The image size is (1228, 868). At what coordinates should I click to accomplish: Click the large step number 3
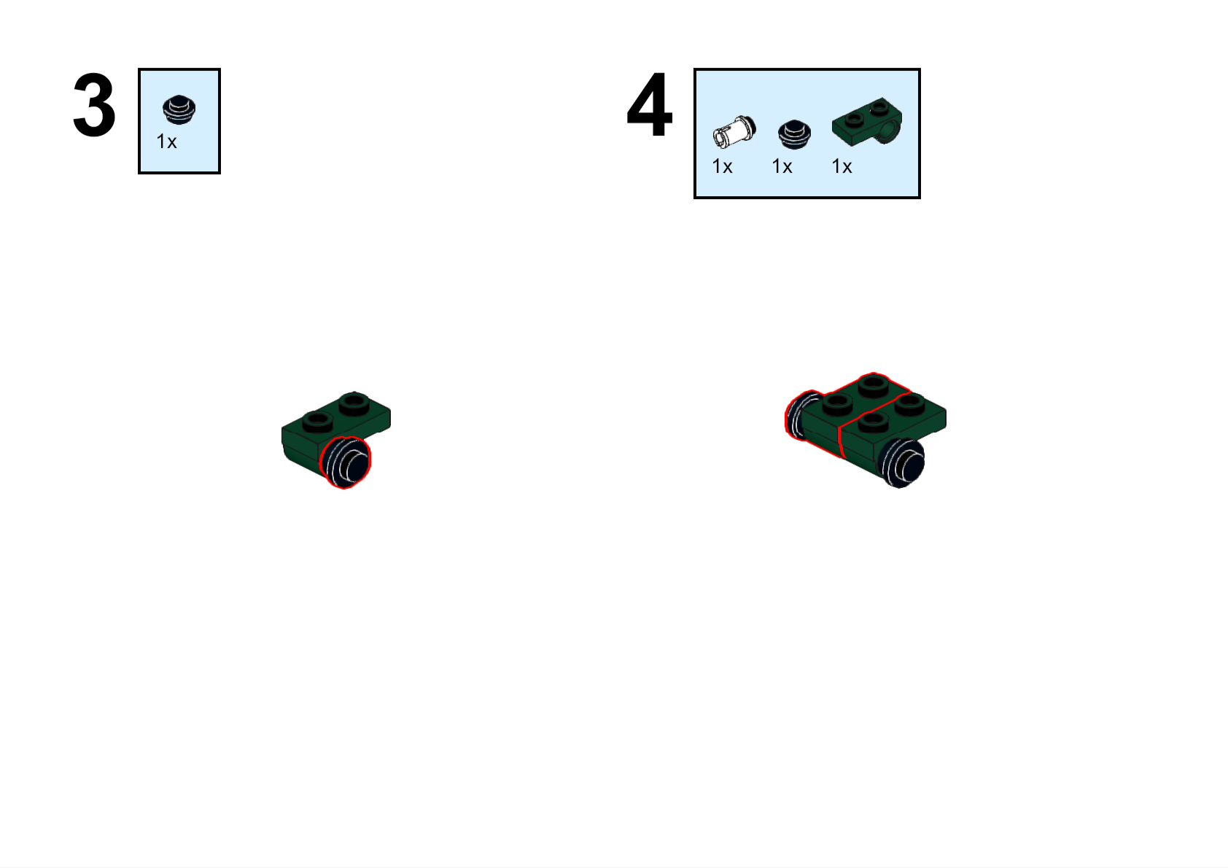[94, 105]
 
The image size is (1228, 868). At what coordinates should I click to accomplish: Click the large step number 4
[650, 105]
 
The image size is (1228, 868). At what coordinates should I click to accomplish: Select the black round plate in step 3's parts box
[179, 109]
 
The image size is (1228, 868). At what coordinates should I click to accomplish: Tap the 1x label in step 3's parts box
[167, 142]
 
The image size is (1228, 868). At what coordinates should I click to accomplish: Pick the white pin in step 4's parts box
[734, 132]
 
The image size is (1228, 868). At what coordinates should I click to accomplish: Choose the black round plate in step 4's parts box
[794, 134]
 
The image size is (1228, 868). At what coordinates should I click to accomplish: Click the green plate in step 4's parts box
[867, 123]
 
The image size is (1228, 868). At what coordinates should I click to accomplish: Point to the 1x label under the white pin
[722, 167]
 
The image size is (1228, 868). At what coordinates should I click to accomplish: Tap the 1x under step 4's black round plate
[782, 167]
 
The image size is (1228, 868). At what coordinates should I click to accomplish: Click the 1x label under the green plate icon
[842, 167]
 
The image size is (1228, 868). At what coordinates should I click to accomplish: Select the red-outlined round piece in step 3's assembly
[346, 462]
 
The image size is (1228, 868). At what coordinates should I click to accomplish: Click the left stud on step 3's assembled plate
[317, 422]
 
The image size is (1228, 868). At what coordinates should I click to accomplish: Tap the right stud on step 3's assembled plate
[354, 403]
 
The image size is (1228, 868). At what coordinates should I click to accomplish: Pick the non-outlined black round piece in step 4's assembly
[902, 462]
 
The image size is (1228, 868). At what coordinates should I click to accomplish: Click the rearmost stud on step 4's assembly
[874, 384]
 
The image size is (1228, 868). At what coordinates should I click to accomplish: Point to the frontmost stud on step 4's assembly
[874, 422]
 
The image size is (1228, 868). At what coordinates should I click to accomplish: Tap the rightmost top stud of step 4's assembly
[910, 404]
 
